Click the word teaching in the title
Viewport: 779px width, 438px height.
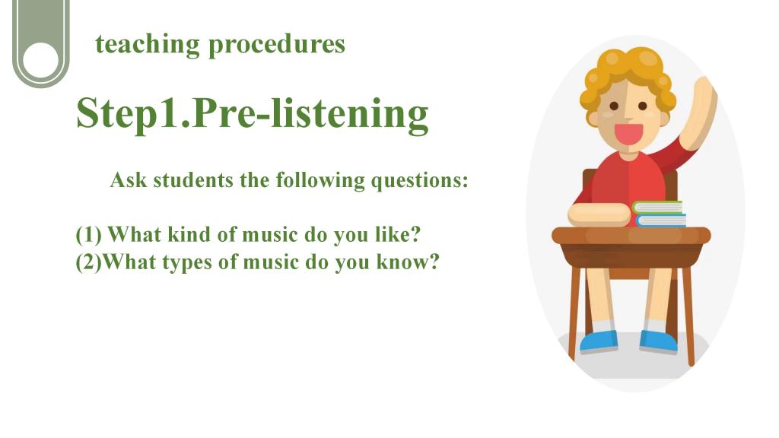(x=148, y=43)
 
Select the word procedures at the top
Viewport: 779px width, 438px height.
(x=277, y=45)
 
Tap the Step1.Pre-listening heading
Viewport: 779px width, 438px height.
(x=253, y=114)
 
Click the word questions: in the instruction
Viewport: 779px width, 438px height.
(x=420, y=181)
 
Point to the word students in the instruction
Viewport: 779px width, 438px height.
(x=193, y=179)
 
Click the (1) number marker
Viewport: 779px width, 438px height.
(x=89, y=235)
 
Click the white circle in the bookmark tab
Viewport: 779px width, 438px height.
(x=41, y=61)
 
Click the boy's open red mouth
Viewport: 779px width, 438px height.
(x=628, y=134)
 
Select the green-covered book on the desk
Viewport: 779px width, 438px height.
(x=657, y=207)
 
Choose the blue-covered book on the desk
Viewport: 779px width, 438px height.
(x=660, y=220)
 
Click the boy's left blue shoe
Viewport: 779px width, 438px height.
(x=599, y=341)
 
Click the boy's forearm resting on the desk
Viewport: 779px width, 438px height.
(x=599, y=215)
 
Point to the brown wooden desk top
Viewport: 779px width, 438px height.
(x=631, y=236)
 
